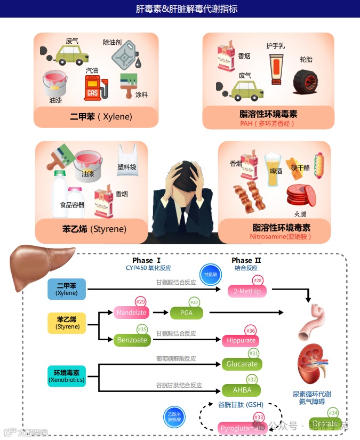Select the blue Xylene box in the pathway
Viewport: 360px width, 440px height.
(67, 289)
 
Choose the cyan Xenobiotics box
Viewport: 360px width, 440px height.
(67, 375)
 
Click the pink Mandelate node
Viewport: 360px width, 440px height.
(131, 312)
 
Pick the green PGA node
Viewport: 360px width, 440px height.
(187, 313)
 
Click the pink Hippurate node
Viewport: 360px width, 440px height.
(241, 340)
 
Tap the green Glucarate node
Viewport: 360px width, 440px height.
(242, 364)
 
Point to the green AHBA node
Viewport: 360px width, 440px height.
(242, 390)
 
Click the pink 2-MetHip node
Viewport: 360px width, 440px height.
(246, 291)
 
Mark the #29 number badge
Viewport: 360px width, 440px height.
(140, 302)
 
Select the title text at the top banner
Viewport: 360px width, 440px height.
(179, 9)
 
